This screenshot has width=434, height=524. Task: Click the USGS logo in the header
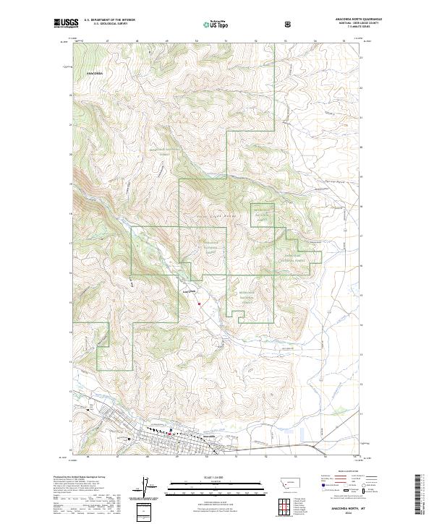coord(66,23)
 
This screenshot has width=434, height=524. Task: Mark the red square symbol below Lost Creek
coord(199,304)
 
